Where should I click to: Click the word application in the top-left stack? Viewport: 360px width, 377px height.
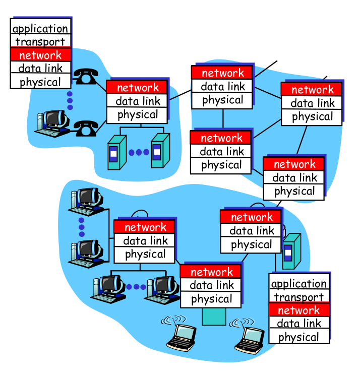click(40, 29)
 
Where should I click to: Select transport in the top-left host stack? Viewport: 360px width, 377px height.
click(40, 42)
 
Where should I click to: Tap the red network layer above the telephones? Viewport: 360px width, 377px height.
click(40, 55)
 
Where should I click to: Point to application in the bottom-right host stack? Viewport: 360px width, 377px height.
click(299, 284)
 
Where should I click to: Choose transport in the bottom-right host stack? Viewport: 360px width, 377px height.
click(299, 297)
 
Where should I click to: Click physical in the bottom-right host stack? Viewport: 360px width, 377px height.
click(299, 337)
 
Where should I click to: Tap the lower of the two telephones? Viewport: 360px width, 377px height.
click(86, 128)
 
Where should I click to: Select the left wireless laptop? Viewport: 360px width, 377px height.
click(181, 337)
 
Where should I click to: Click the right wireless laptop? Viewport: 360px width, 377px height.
click(249, 339)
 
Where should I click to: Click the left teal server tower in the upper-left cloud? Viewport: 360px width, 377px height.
click(115, 151)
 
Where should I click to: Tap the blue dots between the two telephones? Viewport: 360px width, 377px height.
click(70, 100)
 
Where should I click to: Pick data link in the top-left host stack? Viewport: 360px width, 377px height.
click(40, 69)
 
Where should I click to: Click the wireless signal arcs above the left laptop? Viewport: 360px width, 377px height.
click(173, 320)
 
